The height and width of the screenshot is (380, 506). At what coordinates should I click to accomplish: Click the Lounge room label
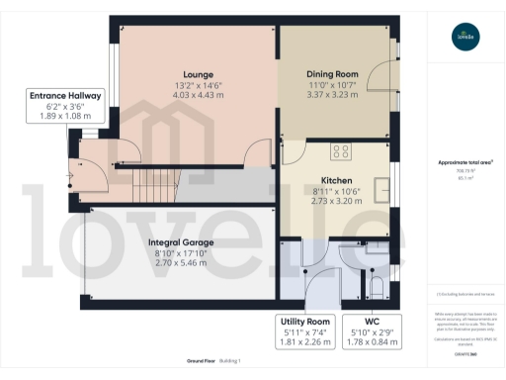[199, 73]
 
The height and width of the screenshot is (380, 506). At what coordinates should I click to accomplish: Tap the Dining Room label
[332, 73]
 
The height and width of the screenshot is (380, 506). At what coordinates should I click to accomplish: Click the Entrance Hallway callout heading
[65, 96]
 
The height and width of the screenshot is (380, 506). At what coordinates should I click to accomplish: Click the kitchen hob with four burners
[342, 150]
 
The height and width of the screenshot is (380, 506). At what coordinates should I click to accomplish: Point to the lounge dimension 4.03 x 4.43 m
[199, 97]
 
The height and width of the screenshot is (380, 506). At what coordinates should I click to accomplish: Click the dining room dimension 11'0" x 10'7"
[332, 86]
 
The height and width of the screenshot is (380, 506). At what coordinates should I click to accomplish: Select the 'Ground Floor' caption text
[201, 361]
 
